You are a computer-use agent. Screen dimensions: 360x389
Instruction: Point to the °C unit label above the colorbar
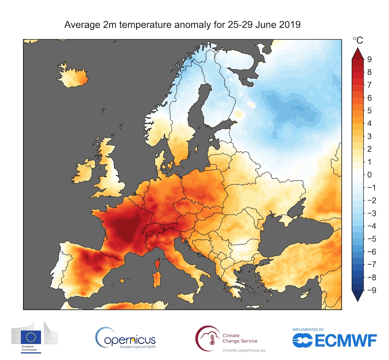pos(358,41)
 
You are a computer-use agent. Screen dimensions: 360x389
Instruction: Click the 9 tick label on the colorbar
pos(369,59)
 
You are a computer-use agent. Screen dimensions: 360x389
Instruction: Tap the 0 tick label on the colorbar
pos(369,175)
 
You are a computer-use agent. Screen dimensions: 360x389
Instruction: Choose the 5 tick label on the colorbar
pos(369,111)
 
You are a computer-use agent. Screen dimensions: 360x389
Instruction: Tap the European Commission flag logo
pos(31,337)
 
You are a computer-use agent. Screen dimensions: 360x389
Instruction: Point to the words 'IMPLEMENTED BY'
pos(308,330)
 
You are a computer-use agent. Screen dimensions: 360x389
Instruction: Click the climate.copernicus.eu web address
pos(244,350)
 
